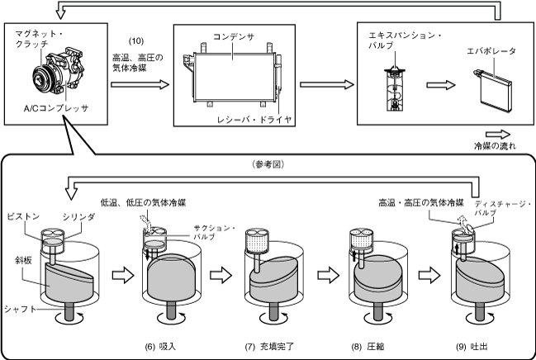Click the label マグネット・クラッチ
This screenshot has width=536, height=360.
tap(40, 39)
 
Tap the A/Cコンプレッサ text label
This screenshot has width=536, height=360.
tap(56, 108)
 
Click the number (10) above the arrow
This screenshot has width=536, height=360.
tap(136, 41)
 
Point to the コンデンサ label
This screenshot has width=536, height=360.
tap(234, 36)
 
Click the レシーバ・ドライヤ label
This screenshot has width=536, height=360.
tap(254, 120)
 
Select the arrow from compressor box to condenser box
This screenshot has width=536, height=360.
tap(140, 84)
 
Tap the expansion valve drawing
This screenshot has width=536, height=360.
tap(395, 89)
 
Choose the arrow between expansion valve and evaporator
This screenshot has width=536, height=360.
tap(441, 85)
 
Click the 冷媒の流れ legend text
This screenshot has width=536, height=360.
tap(495, 146)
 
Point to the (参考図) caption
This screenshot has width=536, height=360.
tap(268, 164)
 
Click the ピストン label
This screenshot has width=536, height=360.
tap(23, 216)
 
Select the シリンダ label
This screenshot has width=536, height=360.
tap(78, 216)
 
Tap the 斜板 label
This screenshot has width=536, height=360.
tap(23, 260)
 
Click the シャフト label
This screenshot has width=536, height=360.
tap(20, 310)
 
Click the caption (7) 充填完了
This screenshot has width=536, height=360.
tap(269, 347)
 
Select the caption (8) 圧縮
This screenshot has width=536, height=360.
tap(368, 347)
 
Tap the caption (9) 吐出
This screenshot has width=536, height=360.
tap(472, 347)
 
